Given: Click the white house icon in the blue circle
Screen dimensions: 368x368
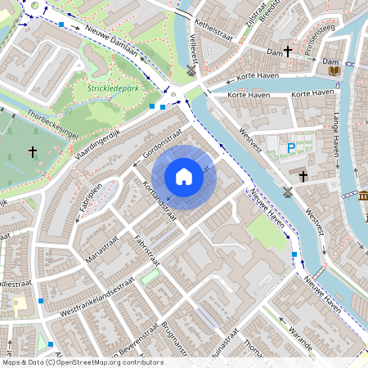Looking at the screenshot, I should tap(184, 177).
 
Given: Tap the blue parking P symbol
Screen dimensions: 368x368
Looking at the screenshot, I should tap(290, 148).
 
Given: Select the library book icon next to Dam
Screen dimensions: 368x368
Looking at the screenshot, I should tap(334, 71).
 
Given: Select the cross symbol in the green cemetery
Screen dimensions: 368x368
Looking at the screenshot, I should tap(33, 152).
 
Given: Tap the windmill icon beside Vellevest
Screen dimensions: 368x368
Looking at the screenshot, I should tap(191, 71).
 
